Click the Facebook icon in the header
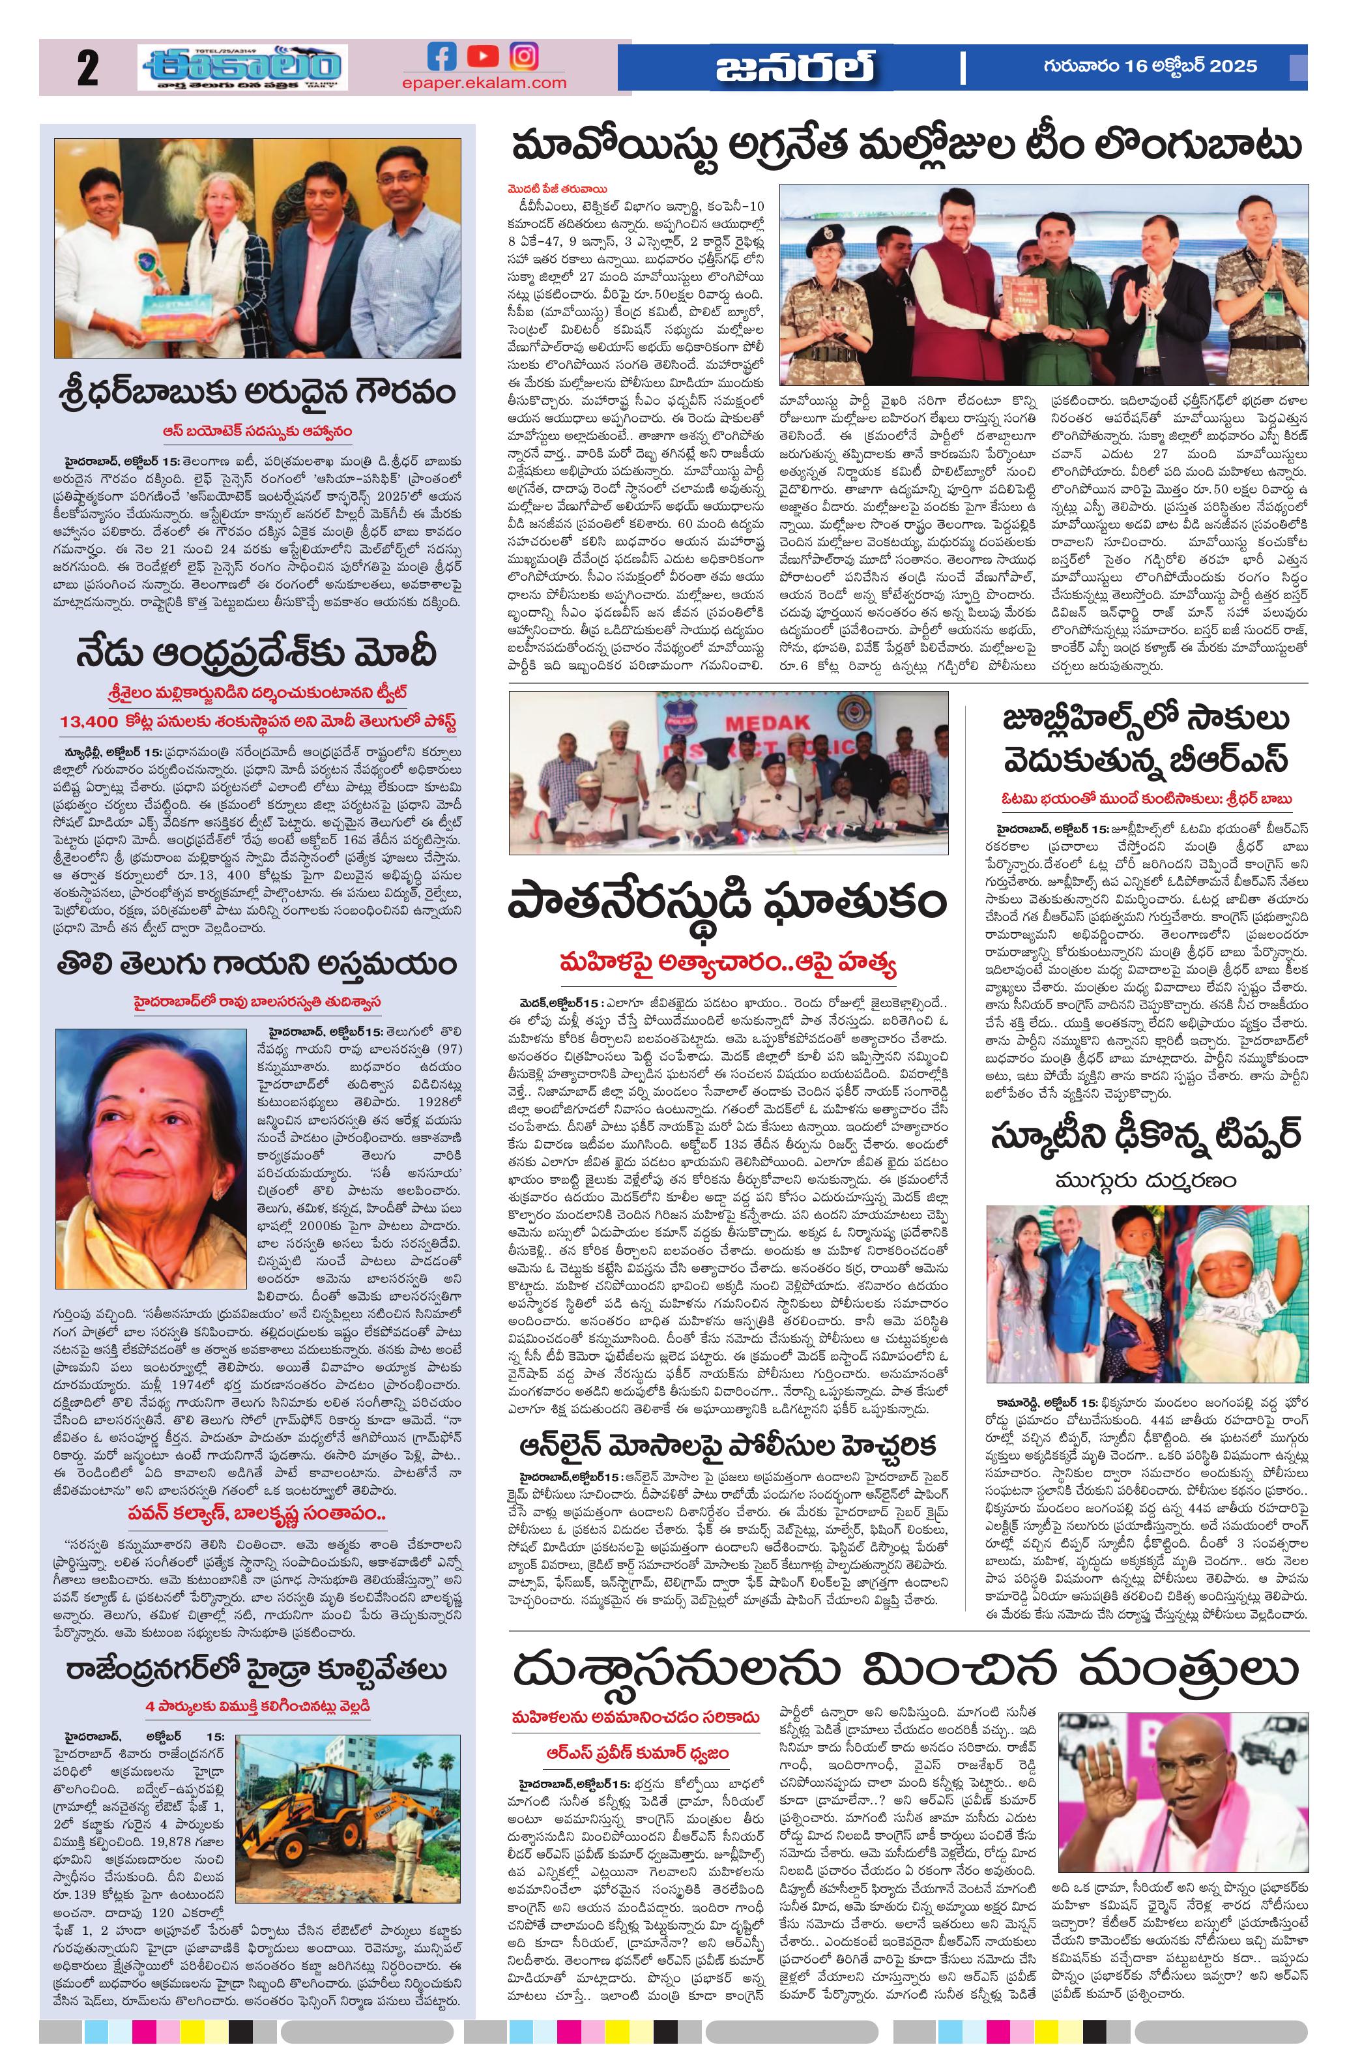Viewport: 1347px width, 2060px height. tap(442, 56)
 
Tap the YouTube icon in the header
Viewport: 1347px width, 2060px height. tap(483, 56)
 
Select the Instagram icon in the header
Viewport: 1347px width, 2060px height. tap(523, 56)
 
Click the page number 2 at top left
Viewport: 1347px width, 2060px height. tap(87, 69)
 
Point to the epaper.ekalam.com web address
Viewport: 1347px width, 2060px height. tap(484, 83)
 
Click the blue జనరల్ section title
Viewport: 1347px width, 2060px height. tap(793, 68)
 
